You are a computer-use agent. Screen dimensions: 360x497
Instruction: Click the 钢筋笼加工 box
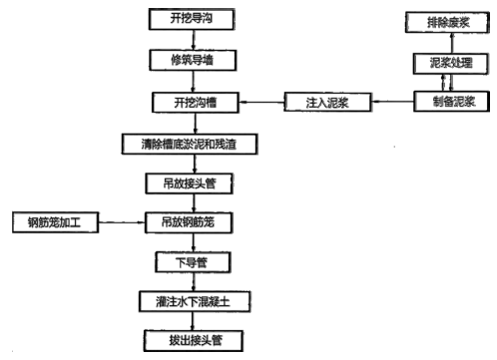click(53, 222)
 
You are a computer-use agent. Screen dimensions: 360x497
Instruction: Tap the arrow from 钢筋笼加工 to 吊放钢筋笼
click(120, 222)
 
